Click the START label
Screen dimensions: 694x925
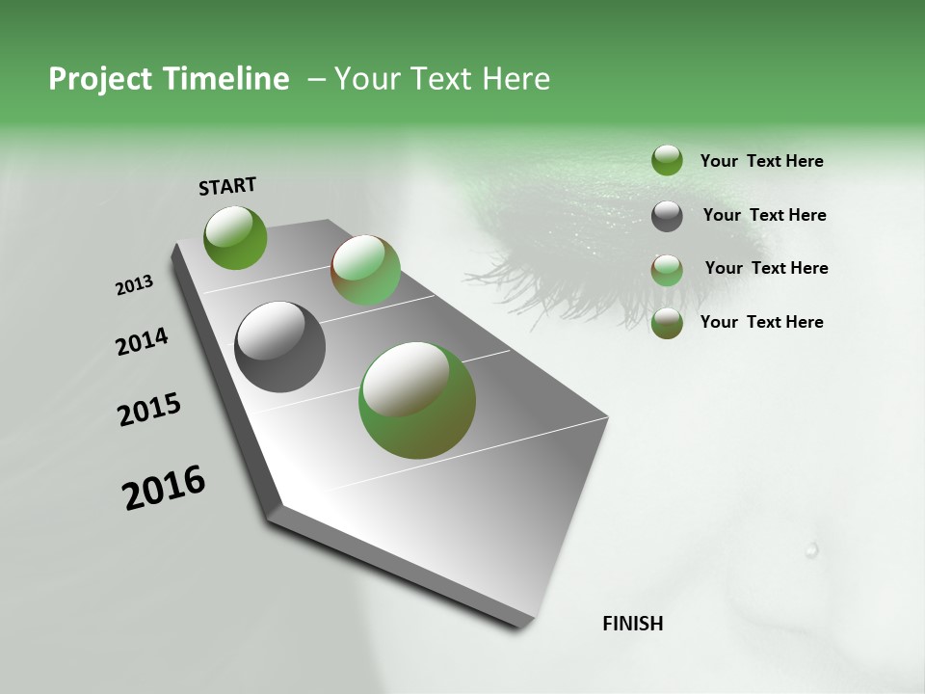click(x=227, y=186)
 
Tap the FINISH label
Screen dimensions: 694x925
click(x=632, y=624)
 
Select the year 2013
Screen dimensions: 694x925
click(x=134, y=285)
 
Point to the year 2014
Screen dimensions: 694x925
click(x=142, y=342)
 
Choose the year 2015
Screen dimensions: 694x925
click(x=149, y=410)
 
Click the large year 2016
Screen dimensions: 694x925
click(x=164, y=487)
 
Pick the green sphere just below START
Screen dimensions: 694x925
click(x=235, y=237)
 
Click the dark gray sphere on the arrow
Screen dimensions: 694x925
click(x=279, y=347)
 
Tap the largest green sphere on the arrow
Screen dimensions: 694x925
click(x=417, y=399)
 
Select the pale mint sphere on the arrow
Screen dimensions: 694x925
click(x=365, y=270)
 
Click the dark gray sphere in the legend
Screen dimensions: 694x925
click(x=667, y=216)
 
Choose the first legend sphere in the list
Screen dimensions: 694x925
click(x=667, y=160)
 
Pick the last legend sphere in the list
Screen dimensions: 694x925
click(x=667, y=323)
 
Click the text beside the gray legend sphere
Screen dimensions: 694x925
click(x=764, y=215)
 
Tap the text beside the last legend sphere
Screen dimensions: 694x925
click(x=761, y=322)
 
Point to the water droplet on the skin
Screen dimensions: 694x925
click(x=811, y=549)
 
